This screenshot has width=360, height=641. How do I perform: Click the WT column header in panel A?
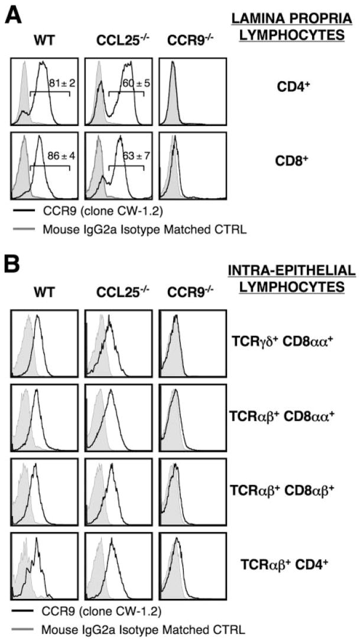point(44,42)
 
